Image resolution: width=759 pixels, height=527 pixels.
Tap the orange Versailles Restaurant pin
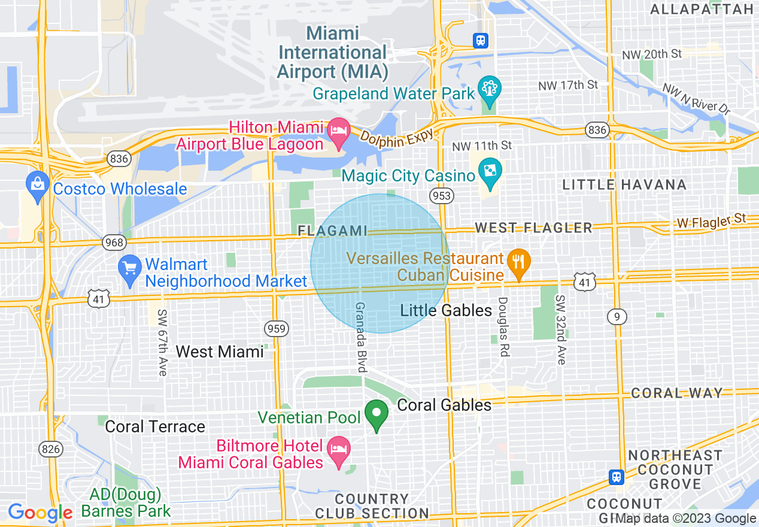(518, 262)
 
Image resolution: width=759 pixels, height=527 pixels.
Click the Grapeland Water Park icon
(489, 89)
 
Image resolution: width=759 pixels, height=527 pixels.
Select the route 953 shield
(441, 196)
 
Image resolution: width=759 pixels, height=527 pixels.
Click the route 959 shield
(277, 328)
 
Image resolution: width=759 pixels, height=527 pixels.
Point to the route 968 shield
(114, 243)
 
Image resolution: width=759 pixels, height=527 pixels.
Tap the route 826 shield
(49, 449)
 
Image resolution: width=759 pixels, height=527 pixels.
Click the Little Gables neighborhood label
(446, 310)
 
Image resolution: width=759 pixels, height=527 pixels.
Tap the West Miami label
(220, 352)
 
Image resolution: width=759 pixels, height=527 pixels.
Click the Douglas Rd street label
(503, 327)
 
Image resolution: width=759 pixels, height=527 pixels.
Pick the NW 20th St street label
(652, 54)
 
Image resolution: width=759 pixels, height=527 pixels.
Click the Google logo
(40, 513)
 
